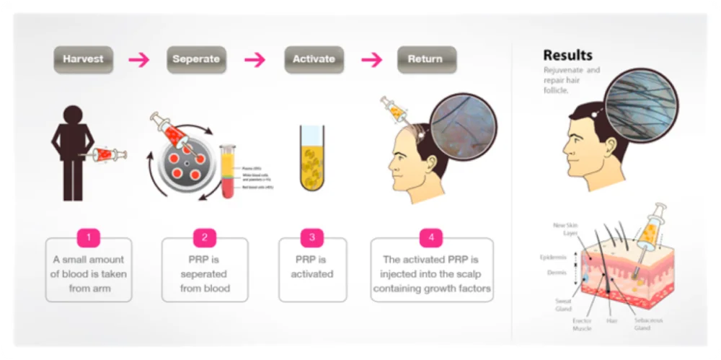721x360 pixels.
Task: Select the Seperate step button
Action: pos(195,59)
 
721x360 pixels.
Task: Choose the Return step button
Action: pos(425,59)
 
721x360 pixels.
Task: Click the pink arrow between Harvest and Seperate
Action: pos(138,60)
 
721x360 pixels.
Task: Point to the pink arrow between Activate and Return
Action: pos(371,60)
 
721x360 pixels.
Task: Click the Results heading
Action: pos(567,55)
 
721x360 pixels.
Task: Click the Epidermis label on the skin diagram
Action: pos(556,257)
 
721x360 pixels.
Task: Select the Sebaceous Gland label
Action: pos(649,323)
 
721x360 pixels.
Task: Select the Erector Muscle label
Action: pos(580,325)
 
